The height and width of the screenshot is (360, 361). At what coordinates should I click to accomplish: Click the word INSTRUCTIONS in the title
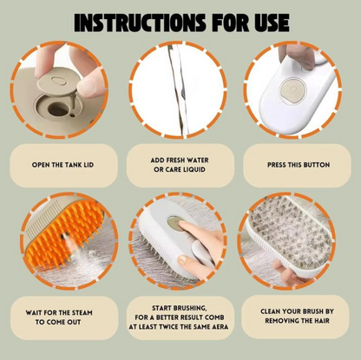[x=140, y=22]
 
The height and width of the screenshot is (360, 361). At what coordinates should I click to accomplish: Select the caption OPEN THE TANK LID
[x=62, y=165]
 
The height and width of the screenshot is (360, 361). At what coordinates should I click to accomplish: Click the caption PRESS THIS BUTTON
[x=299, y=165]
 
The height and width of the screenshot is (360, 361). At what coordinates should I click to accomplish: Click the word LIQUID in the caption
[x=194, y=169]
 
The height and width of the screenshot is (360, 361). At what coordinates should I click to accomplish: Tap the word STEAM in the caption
[x=82, y=312]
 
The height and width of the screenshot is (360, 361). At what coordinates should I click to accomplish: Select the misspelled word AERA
[x=220, y=327]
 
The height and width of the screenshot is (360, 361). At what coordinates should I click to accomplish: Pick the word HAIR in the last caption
[x=322, y=321]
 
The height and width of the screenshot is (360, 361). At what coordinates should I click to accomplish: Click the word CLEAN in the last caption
[x=271, y=311]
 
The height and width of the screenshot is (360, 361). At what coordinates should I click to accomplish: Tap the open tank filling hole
[x=57, y=109]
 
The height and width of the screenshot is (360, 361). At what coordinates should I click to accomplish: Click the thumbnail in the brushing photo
[x=182, y=260]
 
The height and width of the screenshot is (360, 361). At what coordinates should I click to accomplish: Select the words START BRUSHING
[x=180, y=308]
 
